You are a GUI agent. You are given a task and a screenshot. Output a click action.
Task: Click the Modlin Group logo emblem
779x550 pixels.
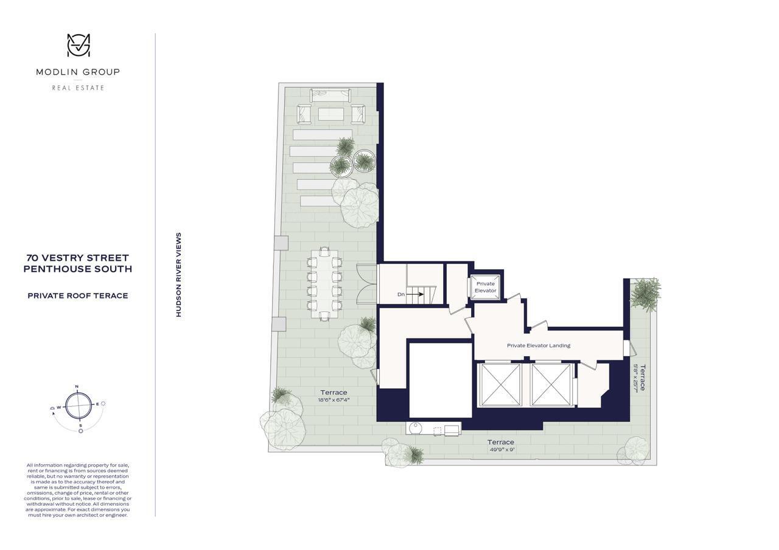tap(78, 46)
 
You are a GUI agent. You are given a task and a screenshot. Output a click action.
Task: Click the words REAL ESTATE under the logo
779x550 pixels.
tap(78, 88)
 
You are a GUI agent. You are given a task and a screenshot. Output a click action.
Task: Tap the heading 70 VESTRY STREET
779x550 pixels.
tap(77, 258)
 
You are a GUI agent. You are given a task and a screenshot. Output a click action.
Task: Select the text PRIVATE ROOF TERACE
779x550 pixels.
tap(77, 296)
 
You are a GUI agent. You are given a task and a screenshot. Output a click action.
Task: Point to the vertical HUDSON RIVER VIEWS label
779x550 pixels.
tap(179, 275)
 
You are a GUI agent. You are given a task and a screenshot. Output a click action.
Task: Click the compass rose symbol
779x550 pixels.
tap(78, 405)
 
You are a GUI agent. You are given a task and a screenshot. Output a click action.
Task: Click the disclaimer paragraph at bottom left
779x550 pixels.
tap(77, 490)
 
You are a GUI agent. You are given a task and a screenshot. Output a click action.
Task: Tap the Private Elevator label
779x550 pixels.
tap(486, 287)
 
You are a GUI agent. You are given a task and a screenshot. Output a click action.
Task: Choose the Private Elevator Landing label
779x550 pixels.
tap(539, 345)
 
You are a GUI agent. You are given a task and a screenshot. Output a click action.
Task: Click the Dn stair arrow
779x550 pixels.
tap(414, 294)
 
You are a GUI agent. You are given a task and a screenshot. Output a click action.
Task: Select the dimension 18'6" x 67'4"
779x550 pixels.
tap(334, 400)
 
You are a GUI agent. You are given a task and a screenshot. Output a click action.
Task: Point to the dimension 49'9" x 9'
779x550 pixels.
tap(500, 450)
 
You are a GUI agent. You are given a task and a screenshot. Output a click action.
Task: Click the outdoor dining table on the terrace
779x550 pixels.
tap(324, 283)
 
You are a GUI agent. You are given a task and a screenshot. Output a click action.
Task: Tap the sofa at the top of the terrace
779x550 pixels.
tap(330, 95)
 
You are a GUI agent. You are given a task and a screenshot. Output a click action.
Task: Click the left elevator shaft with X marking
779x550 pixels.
tap(500, 384)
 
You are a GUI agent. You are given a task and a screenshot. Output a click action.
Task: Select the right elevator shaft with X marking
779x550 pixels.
tap(551, 384)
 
